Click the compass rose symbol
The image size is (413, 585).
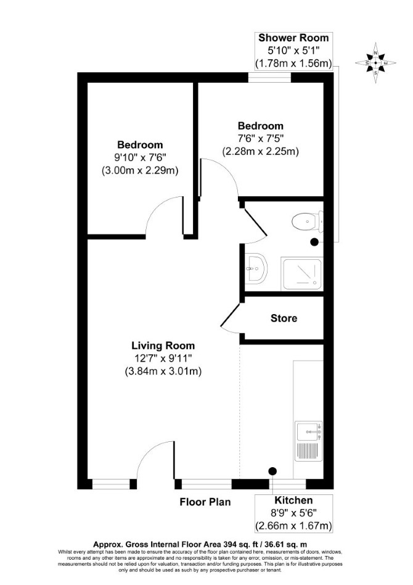tap(375, 63)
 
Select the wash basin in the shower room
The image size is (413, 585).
tap(256, 268)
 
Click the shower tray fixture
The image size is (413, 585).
tap(302, 274)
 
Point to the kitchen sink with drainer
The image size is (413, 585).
tap(308, 441)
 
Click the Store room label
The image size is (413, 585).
tap(284, 318)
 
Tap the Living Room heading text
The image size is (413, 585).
tap(163, 346)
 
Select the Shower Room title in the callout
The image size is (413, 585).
tap(293, 38)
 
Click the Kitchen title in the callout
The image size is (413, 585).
tap(293, 500)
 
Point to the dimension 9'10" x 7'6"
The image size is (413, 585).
tap(140, 157)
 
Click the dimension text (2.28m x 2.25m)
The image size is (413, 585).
tap(261, 151)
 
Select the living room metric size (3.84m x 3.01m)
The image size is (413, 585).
tap(163, 371)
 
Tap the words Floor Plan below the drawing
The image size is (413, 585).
tap(205, 502)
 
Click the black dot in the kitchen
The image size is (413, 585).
tap(273, 471)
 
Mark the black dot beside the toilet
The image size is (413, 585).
tap(314, 242)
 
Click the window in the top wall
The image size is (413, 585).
tap(270, 77)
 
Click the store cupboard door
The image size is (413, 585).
tap(231, 318)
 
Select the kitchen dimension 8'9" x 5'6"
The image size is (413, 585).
tap(293, 513)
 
